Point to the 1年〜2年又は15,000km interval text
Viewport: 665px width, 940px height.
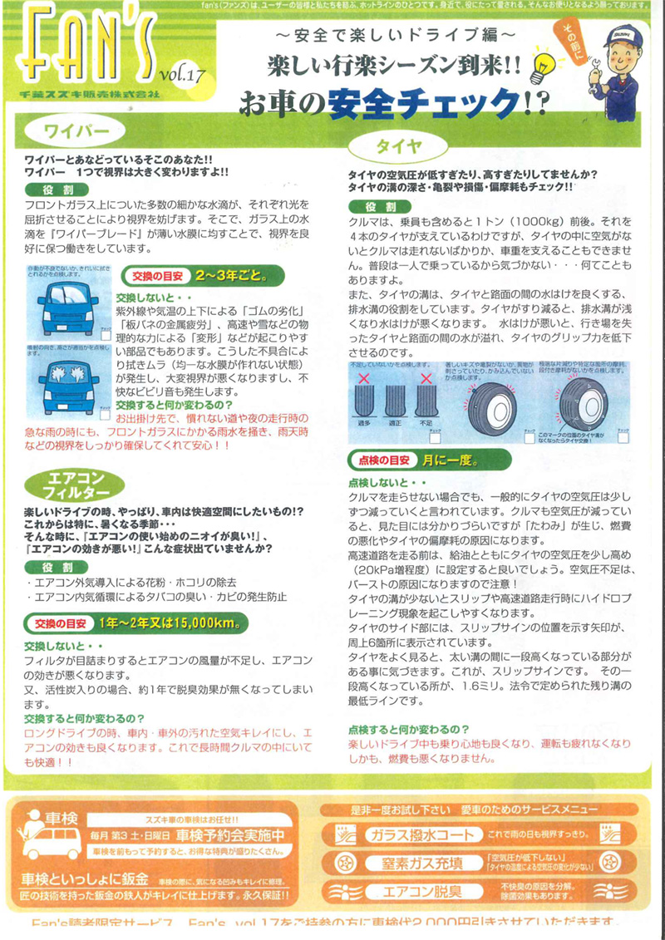pyautogui.click(x=170, y=622)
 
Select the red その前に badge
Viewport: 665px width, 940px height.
pyautogui.click(x=575, y=38)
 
